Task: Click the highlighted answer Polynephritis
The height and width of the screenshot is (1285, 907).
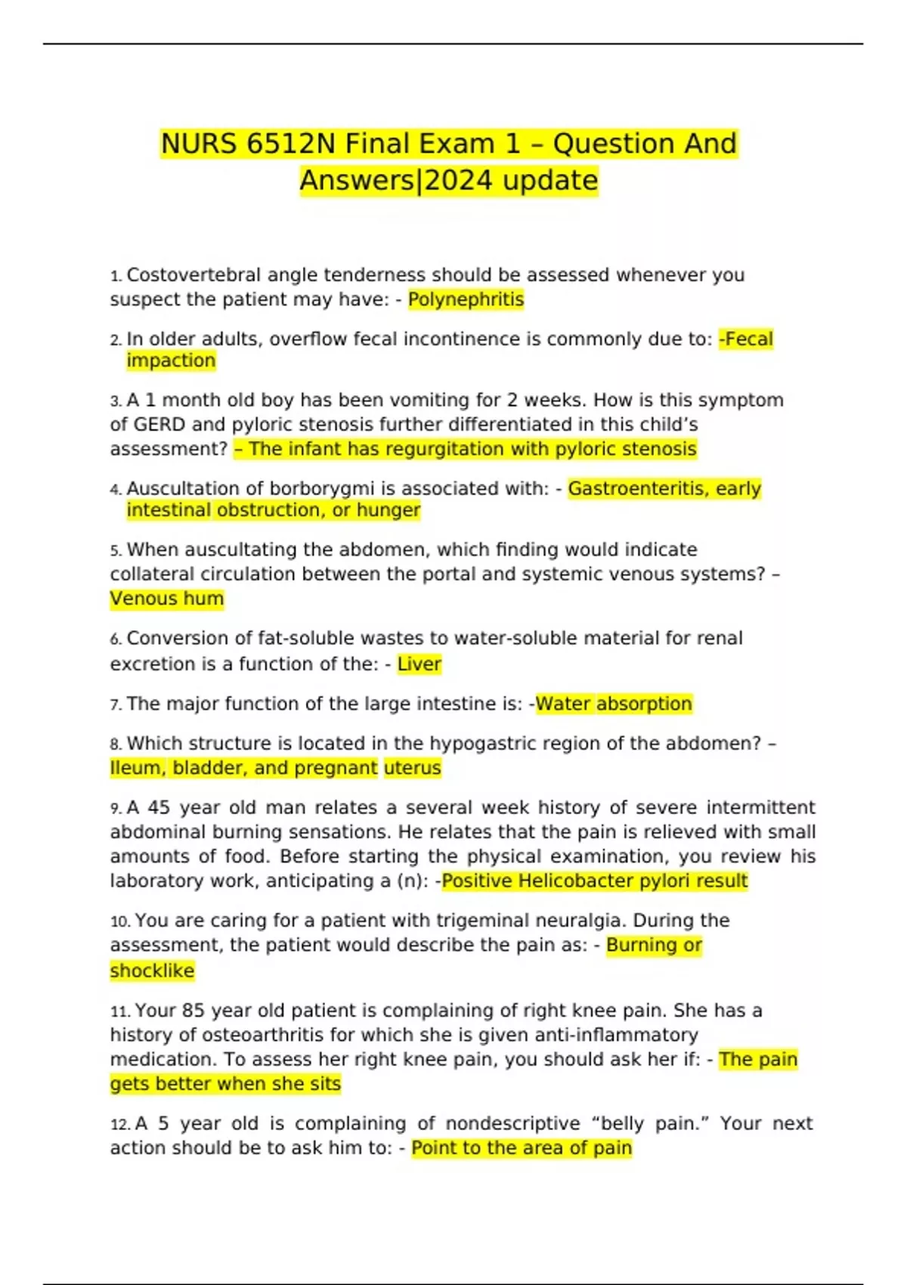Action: point(466,299)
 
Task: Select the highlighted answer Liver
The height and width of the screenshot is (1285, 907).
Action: point(419,664)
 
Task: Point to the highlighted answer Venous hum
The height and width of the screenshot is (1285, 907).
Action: point(167,599)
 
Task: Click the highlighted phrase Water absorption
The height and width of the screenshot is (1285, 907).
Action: point(614,704)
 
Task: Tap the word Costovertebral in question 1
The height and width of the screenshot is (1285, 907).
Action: point(193,275)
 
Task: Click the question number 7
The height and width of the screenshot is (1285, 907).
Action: point(115,705)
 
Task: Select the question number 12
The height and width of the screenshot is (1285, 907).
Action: point(120,1125)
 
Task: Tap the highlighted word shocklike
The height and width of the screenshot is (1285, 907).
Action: point(152,971)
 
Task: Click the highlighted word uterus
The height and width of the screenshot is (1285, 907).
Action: point(412,768)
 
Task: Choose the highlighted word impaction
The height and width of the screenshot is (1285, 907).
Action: point(171,361)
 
